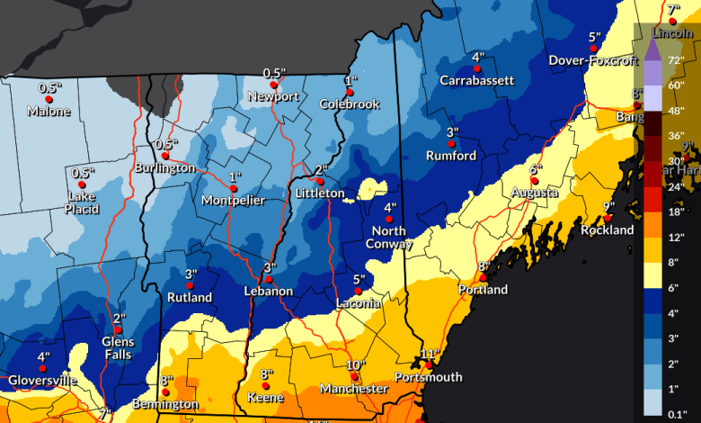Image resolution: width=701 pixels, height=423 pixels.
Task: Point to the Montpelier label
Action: pyautogui.click(x=233, y=200)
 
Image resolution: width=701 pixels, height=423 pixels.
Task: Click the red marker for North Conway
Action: pyautogui.click(x=390, y=219)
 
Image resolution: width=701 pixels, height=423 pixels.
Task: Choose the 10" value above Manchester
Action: pyautogui.click(x=356, y=364)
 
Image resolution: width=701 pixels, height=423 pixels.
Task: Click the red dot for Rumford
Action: pyautogui.click(x=453, y=143)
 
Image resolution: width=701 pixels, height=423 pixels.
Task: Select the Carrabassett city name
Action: pyautogui.click(x=477, y=80)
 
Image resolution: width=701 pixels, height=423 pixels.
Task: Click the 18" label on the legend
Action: pyautogui.click(x=677, y=211)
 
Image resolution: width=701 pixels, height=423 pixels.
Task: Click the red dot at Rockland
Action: pyautogui.click(x=608, y=218)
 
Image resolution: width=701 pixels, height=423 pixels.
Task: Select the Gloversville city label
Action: pyautogui.click(x=42, y=381)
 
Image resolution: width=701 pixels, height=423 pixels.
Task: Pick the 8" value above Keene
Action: pyautogui.click(x=266, y=374)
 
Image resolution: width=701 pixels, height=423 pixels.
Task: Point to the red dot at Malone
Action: pyautogui.click(x=49, y=99)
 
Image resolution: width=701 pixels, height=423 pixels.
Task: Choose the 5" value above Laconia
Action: pyautogui.click(x=359, y=279)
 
